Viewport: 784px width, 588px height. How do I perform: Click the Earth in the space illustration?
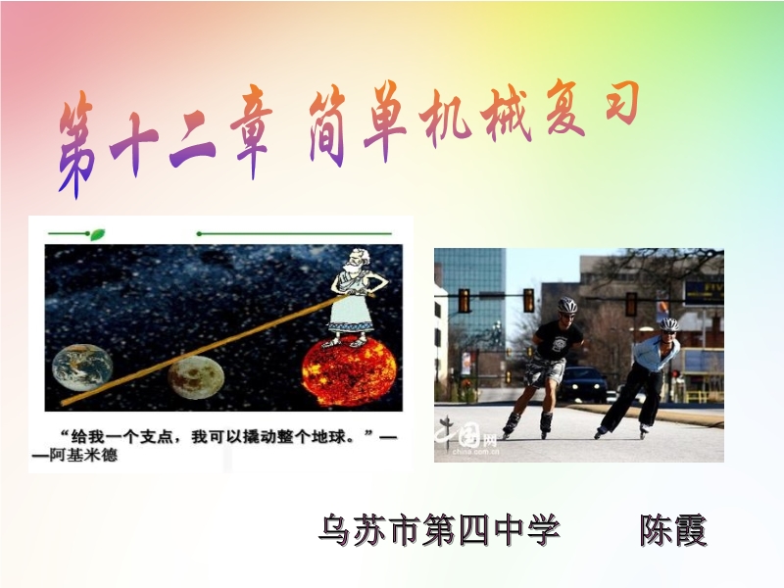point(82,367)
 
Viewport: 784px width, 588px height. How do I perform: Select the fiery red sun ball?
point(349,372)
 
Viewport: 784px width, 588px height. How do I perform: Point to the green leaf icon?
point(97,234)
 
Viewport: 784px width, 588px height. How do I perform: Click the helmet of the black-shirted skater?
point(567,305)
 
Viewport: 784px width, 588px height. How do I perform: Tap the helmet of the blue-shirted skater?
point(668,324)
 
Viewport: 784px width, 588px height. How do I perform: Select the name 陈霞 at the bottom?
point(673,530)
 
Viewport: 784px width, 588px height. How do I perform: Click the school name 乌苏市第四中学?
point(439,529)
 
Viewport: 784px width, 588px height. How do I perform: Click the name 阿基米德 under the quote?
point(83,455)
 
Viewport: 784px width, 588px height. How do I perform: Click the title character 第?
point(76,145)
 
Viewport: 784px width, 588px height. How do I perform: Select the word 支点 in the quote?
point(157,437)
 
